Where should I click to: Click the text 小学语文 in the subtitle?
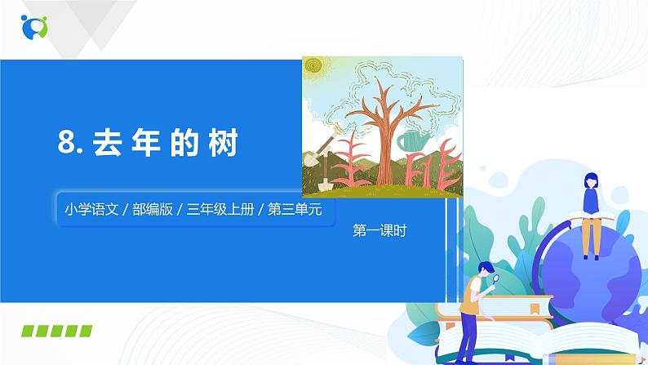87,208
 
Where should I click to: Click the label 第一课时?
379,230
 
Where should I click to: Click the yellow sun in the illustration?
314,69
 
